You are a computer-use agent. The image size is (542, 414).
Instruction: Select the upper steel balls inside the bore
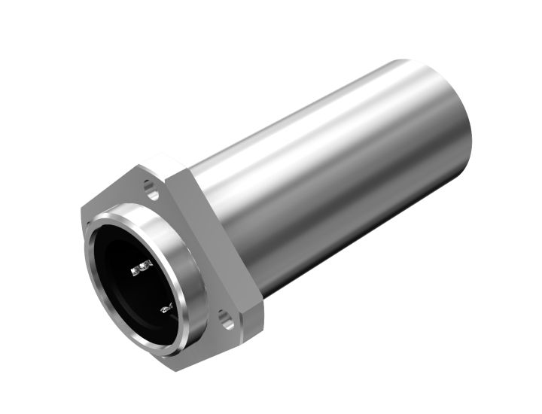click(142, 267)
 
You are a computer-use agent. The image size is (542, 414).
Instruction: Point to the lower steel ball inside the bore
click(166, 307)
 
